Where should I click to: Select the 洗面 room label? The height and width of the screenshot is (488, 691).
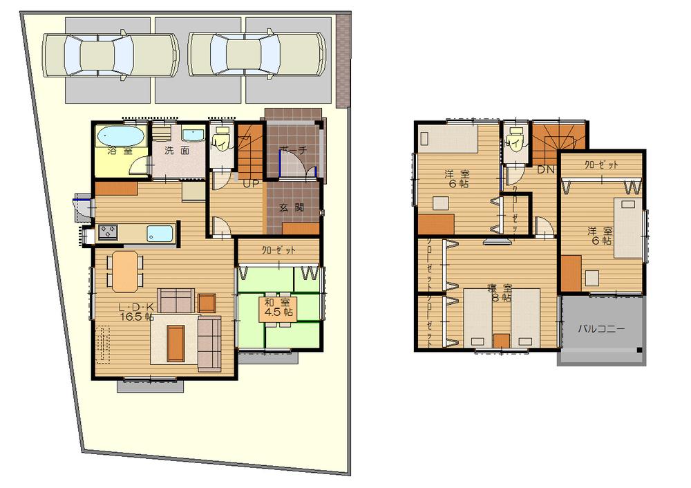pos(178,150)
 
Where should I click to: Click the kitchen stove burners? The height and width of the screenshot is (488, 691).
pos(108,233)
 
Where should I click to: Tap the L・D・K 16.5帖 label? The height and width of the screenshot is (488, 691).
pos(135,312)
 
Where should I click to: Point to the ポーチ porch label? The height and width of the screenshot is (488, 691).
pos(293,150)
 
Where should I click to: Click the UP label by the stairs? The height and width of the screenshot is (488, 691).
pos(250,183)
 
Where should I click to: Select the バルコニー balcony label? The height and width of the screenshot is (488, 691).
pos(601,329)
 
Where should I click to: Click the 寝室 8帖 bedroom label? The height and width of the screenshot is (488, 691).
pos(499,292)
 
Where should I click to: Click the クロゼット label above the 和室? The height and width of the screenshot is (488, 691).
pos(278,250)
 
